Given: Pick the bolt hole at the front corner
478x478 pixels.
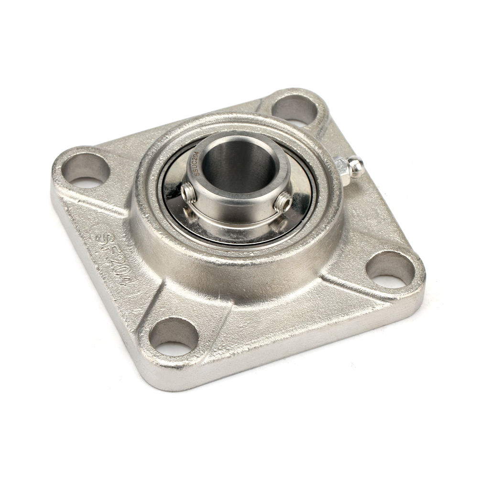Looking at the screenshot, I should [173, 337].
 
